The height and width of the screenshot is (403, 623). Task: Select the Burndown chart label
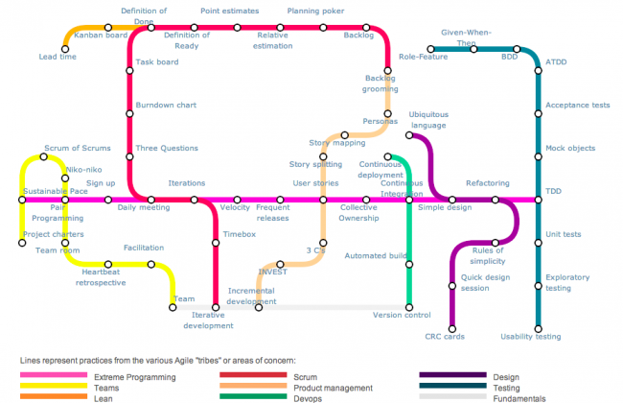pyautogui.click(x=166, y=105)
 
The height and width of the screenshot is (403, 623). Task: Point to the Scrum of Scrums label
pyautogui.click(x=78, y=149)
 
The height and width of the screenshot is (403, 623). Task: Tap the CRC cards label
pyautogui.click(x=445, y=337)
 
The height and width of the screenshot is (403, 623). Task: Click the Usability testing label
pyautogui.click(x=532, y=337)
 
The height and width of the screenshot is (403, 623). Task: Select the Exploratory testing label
pyautogui.click(x=566, y=282)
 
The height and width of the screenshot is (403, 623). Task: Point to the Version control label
pyautogui.click(x=402, y=315)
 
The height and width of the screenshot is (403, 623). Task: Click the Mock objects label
pyautogui.click(x=570, y=149)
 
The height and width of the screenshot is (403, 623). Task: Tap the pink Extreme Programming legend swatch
pyautogui.click(x=48, y=374)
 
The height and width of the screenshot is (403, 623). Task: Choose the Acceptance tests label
pyautogui.click(x=578, y=106)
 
